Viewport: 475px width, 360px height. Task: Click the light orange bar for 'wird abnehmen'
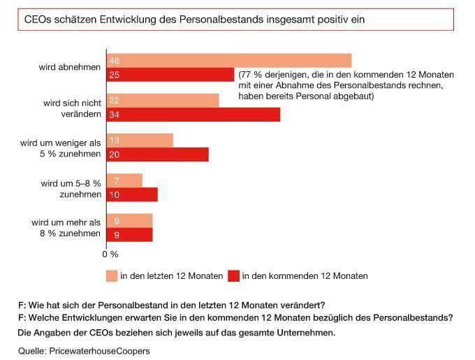point(228,60)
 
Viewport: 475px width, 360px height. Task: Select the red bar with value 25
point(170,74)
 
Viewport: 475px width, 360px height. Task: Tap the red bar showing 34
point(193,115)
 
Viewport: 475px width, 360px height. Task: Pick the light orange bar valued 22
point(162,101)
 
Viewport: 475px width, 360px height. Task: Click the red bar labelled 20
point(157,154)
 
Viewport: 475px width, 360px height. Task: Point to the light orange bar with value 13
point(139,141)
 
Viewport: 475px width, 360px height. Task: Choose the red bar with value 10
point(131,195)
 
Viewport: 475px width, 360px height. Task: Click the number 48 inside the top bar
point(115,61)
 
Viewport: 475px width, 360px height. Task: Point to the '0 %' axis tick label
point(111,253)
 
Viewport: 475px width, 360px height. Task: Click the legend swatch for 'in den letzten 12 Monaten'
point(110,275)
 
